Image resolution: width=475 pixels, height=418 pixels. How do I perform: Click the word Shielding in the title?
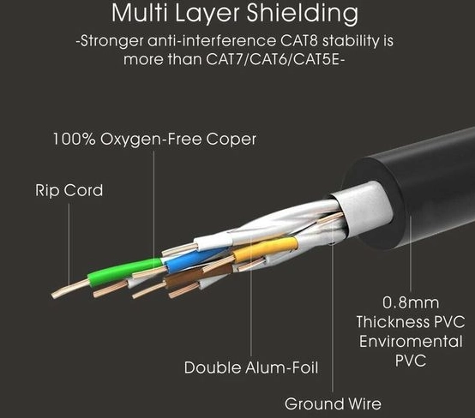[x=303, y=14]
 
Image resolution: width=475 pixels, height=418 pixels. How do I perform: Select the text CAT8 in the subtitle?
[x=298, y=40]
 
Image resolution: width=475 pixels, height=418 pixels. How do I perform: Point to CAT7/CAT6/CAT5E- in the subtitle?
[x=275, y=59]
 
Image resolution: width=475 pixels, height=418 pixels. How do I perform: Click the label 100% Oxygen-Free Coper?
[x=155, y=139]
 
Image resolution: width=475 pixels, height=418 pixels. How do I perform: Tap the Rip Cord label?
[x=69, y=190]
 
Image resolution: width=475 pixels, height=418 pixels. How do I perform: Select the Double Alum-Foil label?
[x=251, y=367]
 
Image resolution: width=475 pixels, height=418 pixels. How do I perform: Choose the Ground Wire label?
[x=333, y=403]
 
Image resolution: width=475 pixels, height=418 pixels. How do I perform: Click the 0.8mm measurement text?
[x=411, y=302]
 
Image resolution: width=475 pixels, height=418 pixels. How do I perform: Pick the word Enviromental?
[x=411, y=342]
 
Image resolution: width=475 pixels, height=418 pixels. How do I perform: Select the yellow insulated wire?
[x=266, y=249]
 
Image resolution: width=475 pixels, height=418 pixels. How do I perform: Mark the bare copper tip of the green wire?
[x=70, y=289]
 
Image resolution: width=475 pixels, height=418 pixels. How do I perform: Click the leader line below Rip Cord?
[x=69, y=243]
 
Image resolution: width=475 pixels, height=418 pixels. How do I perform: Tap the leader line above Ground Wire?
[x=333, y=306]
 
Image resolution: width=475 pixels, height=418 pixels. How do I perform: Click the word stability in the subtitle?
[x=350, y=41]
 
